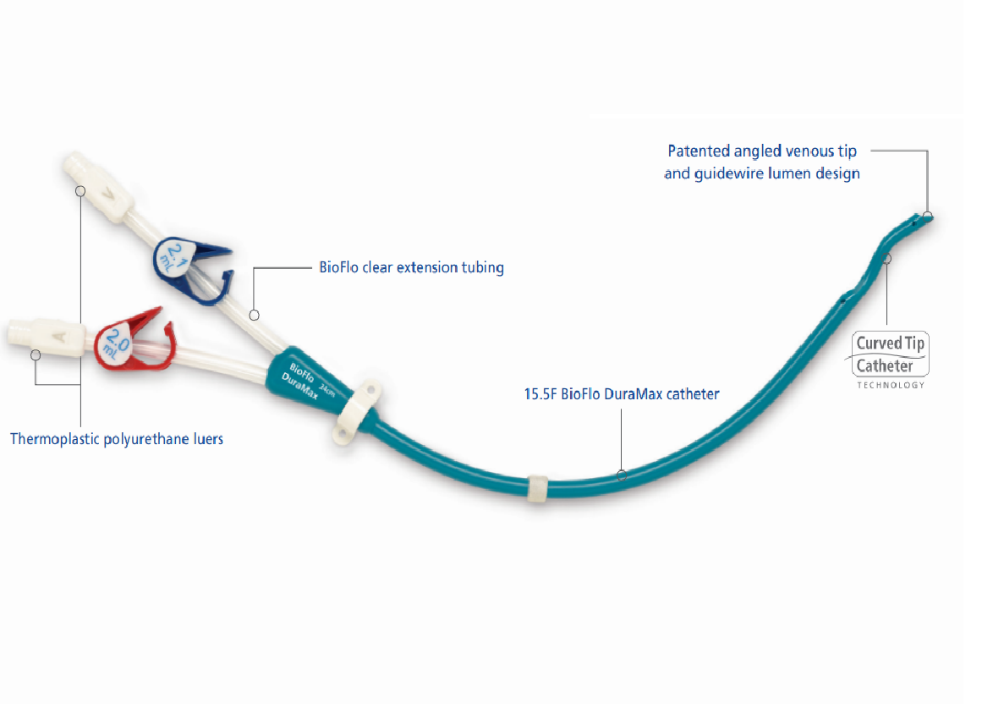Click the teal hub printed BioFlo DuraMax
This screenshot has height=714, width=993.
pos(300,380)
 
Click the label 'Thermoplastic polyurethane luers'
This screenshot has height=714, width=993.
pos(117,439)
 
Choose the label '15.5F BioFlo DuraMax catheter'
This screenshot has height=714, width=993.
pos(622,394)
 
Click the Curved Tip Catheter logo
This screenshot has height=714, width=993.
pos(890,354)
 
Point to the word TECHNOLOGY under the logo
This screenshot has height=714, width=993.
pos(890,385)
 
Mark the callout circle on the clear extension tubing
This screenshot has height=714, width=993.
pos(254,315)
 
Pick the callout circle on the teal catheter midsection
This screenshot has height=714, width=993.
pos(622,475)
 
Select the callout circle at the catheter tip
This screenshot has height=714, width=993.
pos(928,215)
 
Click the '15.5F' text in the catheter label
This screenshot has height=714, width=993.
pos(540,394)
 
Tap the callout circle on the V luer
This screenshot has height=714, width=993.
pos(80,191)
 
